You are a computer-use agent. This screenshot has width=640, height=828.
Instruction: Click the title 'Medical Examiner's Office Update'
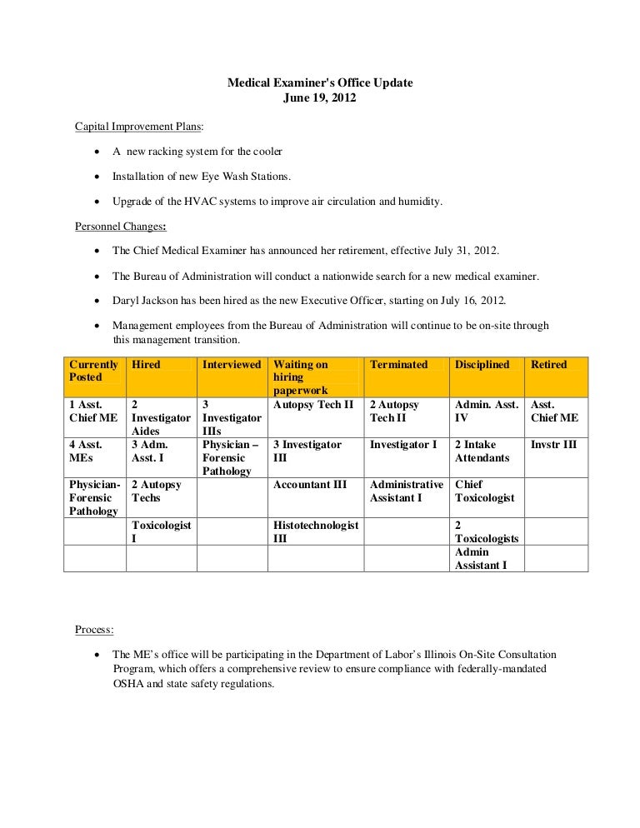click(x=320, y=84)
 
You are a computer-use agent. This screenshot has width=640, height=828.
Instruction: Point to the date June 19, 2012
click(x=320, y=98)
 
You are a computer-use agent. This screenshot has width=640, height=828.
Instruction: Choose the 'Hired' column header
click(x=146, y=365)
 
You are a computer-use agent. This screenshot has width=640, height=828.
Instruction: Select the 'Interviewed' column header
click(x=232, y=365)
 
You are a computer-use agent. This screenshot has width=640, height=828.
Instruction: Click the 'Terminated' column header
click(x=398, y=365)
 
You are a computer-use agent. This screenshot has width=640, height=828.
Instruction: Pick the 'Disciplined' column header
click(x=482, y=365)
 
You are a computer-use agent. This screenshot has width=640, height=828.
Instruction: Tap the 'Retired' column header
click(x=548, y=365)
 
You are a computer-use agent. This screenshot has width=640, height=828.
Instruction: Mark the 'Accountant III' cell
click(x=310, y=485)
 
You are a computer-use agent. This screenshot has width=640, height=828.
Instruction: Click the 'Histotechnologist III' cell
click(x=315, y=531)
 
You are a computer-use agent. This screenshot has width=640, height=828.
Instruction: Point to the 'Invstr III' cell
click(x=553, y=445)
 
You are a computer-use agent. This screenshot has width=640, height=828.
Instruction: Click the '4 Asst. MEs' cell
click(x=86, y=451)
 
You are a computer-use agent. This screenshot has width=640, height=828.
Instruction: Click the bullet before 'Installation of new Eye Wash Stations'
click(x=98, y=177)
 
